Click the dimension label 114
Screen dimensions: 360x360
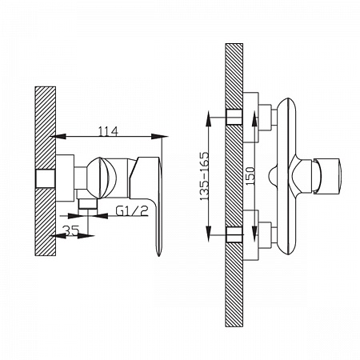click(108, 131)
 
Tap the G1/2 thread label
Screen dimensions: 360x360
click(132, 211)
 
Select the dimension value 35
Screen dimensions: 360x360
click(71, 230)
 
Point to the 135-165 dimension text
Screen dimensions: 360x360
click(204, 176)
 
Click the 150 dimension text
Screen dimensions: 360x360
click(250, 176)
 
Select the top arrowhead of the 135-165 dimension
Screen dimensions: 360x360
click(209, 119)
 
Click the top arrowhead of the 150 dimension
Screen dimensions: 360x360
click(254, 119)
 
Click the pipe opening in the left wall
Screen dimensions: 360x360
click(46, 178)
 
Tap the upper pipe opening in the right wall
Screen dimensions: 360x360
click(234, 117)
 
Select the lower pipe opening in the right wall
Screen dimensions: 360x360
click(234, 234)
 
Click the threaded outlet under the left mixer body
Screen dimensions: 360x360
click(88, 204)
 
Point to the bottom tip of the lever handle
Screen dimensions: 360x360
click(159, 256)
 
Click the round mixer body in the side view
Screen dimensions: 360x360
click(102, 178)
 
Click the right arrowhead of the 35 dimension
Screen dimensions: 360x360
click(86, 236)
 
